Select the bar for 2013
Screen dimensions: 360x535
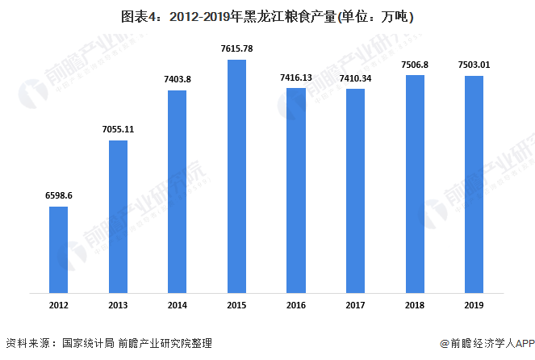click(118, 216)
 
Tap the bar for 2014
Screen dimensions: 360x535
click(178, 190)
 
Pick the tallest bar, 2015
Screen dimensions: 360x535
click(236, 175)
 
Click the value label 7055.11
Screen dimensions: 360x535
click(118, 128)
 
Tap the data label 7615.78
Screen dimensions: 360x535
click(236, 48)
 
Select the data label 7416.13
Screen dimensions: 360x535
click(295, 77)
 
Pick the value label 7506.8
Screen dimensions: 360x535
click(415, 64)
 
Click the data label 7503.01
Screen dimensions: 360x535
click(474, 65)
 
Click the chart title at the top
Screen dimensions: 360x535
click(267, 16)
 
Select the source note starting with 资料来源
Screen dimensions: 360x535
click(109, 343)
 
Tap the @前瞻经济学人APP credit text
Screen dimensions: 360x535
click(482, 343)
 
